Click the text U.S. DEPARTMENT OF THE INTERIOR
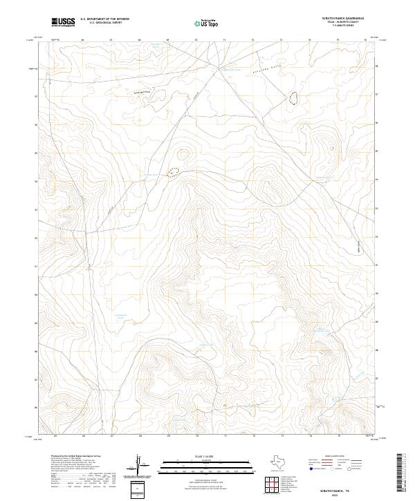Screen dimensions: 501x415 click(104, 19)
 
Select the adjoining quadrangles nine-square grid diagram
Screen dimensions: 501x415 click(274, 485)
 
